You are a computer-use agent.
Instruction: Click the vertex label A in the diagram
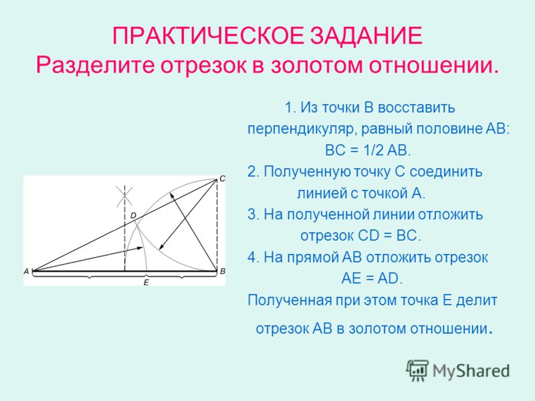pyautogui.click(x=26, y=271)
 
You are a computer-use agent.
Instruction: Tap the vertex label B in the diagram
pyautogui.click(x=223, y=271)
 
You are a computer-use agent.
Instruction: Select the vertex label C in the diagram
pyautogui.click(x=222, y=178)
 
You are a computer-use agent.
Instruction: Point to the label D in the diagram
pyautogui.click(x=133, y=215)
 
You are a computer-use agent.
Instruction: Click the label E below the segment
pyautogui.click(x=146, y=282)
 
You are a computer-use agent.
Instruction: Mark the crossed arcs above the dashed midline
pyautogui.click(x=124, y=196)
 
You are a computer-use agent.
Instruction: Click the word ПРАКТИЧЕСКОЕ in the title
pyautogui.click(x=208, y=36)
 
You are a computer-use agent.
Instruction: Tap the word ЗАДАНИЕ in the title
pyautogui.click(x=366, y=36)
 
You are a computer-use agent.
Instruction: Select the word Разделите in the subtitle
pyautogui.click(x=95, y=65)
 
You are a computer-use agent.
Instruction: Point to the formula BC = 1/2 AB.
pyautogui.click(x=368, y=150)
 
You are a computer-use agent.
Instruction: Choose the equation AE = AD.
pyautogui.click(x=372, y=279)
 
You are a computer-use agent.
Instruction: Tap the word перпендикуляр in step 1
pyautogui.click(x=302, y=130)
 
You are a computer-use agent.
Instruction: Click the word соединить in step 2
pyautogui.click(x=446, y=172)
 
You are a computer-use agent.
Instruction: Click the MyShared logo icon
pyautogui.click(x=417, y=370)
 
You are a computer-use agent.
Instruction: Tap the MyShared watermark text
pyautogui.click(x=471, y=371)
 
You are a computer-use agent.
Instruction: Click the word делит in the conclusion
pyautogui.click(x=477, y=300)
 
